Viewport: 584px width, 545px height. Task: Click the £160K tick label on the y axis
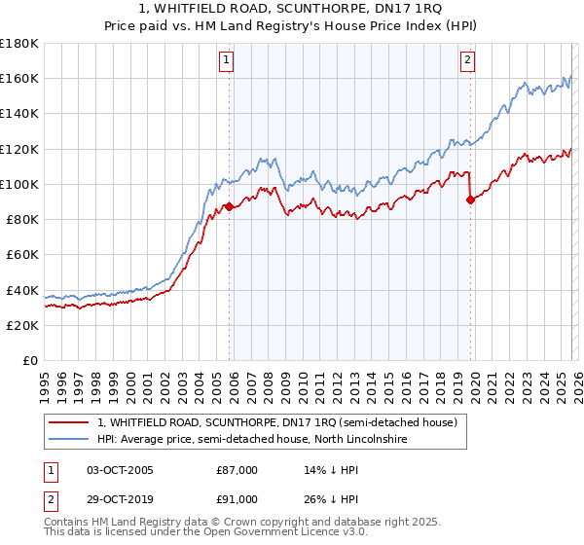19,79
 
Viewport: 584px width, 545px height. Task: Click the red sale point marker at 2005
229,206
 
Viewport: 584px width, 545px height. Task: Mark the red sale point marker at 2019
470,200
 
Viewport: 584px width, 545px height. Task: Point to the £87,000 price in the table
237,470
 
